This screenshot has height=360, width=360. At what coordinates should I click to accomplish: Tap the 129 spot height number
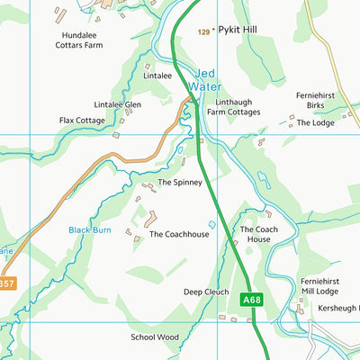point(203,31)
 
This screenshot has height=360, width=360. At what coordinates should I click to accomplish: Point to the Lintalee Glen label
point(121,104)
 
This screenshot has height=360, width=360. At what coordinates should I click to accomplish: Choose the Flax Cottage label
point(83,120)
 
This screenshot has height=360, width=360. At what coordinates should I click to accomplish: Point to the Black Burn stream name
point(90,230)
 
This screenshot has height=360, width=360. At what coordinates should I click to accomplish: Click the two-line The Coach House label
point(255,235)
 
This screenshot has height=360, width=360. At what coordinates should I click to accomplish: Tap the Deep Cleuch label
point(206,292)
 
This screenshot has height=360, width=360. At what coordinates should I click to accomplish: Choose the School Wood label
point(155,337)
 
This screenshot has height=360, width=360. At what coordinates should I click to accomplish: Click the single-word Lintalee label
point(157,76)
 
